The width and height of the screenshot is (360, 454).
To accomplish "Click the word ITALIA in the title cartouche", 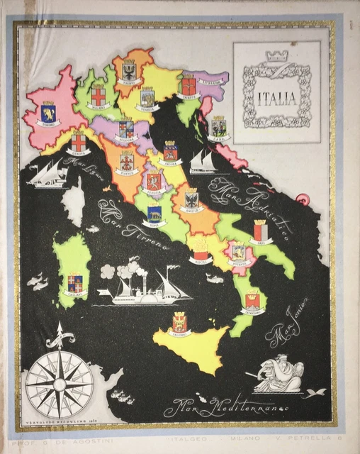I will tap(276, 99).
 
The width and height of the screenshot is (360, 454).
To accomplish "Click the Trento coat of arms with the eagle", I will tap(129, 70).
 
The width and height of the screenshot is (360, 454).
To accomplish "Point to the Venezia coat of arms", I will tap(147, 97).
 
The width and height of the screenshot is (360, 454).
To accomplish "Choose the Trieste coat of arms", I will tap(188, 86).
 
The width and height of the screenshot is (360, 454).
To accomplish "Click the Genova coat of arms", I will tap(78, 142).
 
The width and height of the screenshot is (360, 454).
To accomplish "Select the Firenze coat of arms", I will tap(127, 160).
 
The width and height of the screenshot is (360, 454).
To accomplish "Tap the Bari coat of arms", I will tap(261, 231).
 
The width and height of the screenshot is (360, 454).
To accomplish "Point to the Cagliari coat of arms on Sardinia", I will tap(74, 283).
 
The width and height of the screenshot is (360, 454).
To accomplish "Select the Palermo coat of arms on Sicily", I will tap(180, 323).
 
